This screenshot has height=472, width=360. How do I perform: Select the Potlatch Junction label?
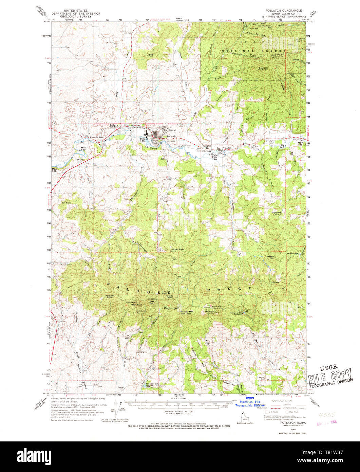[x=114, y=126]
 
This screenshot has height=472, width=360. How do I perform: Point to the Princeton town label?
[x=227, y=148]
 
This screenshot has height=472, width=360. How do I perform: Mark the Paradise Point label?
[x=112, y=296]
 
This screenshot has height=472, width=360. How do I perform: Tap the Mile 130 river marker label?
[x=83, y=148]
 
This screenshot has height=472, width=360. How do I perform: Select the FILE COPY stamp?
[x=330, y=374]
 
